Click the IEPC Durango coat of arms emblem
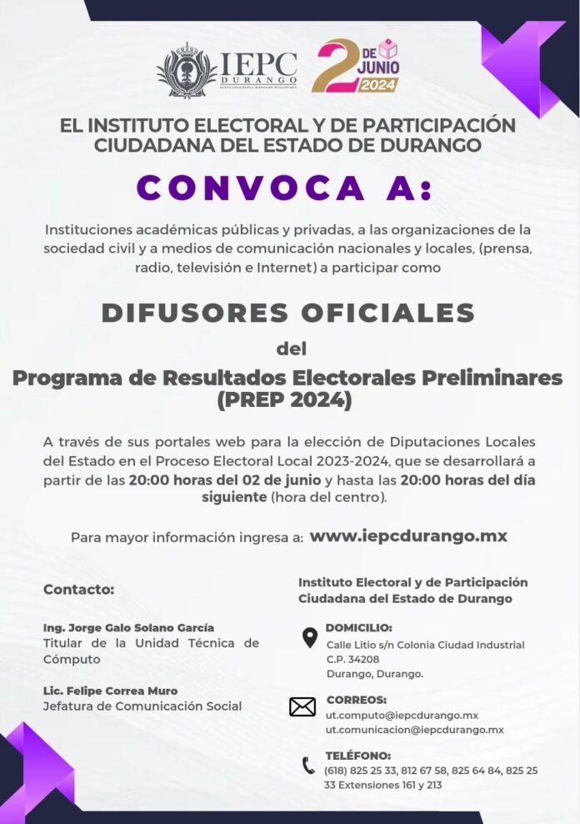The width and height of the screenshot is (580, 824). tap(187, 70)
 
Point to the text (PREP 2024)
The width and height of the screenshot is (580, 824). tap(284, 401)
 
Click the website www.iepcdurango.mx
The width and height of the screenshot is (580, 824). tap(408, 536)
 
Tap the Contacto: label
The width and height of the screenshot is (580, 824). tap(78, 589)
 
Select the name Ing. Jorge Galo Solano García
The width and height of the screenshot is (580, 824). tap(128, 627)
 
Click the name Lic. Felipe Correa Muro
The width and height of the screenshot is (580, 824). tap(110, 691)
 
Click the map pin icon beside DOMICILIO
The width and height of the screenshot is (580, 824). tap(309, 638)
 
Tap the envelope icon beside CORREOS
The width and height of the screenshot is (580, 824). tap(302, 707)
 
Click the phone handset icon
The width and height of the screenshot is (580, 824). tap(308, 765)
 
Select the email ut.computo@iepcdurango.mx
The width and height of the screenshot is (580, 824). tap(402, 715)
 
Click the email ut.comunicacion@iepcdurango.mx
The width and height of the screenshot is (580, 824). tap(414, 730)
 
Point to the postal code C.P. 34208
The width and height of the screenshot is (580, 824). tap(353, 659)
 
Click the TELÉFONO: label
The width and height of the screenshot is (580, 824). tap(357, 756)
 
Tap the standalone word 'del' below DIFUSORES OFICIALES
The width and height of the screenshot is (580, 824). tap(290, 347)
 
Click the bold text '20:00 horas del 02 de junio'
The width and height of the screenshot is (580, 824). tap(225, 480)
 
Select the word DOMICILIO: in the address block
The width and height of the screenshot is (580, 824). tap(358, 628)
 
